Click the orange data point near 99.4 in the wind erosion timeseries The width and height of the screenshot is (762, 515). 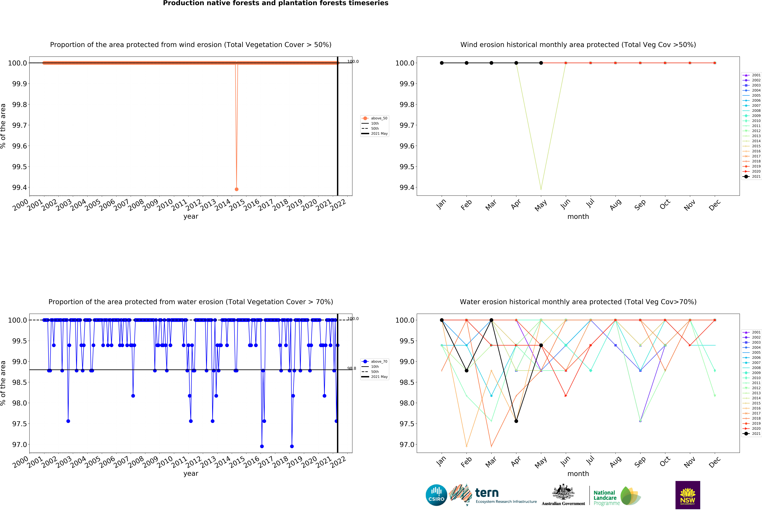point(236,189)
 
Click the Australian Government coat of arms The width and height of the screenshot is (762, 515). point(563,492)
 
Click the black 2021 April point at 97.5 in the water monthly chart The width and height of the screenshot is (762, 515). point(516,421)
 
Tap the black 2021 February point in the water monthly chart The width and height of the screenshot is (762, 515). point(467,370)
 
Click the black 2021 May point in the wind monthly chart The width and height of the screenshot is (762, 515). point(541,63)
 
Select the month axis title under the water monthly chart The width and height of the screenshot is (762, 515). point(578,474)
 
